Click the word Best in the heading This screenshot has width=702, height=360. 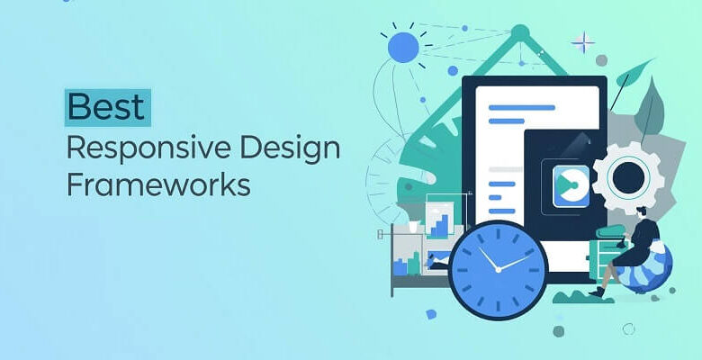(107, 106)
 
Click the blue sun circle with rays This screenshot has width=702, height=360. (402, 48)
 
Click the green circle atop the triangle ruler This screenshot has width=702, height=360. (519, 33)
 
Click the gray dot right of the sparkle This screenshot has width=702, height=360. (601, 60)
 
